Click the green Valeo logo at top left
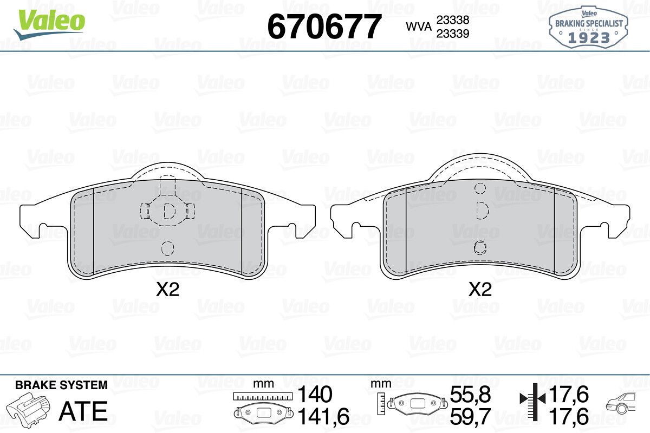[x=50, y=24]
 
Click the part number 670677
[x=324, y=27]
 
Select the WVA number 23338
[x=453, y=19]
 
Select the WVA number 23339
[x=453, y=34]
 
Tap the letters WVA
[x=419, y=27]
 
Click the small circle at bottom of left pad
[x=168, y=248]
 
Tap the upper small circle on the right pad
[x=480, y=188]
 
